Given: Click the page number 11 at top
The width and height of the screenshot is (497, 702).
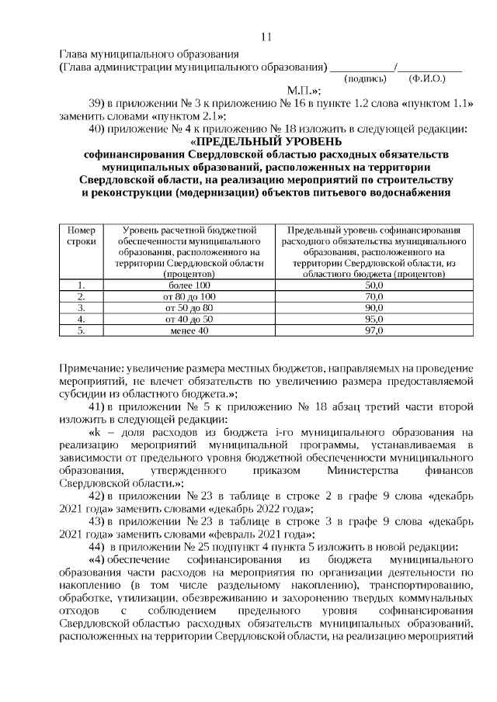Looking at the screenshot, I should [x=266, y=36].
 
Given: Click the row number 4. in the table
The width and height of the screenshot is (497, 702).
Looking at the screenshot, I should [x=81, y=319].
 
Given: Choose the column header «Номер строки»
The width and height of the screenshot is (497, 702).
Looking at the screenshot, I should [x=81, y=236].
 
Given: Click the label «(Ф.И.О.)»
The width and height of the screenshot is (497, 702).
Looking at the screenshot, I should [x=426, y=79].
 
